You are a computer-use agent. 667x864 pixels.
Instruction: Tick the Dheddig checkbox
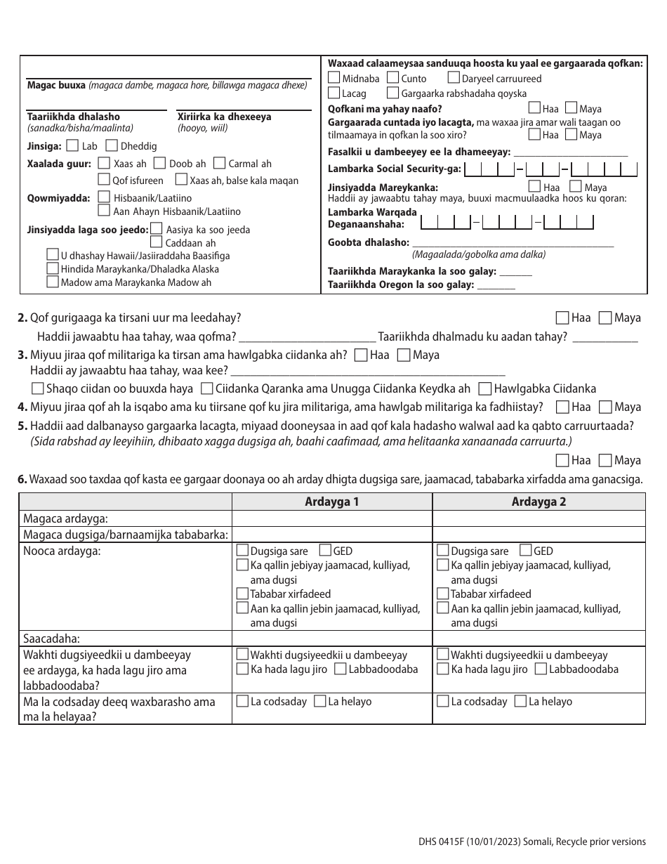pyautogui.click(x=111, y=146)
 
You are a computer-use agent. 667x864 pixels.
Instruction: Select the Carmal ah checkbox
pyautogui.click(x=218, y=164)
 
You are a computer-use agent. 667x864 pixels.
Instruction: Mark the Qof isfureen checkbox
pyautogui.click(x=104, y=181)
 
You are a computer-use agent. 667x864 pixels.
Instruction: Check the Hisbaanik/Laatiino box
pyautogui.click(x=104, y=198)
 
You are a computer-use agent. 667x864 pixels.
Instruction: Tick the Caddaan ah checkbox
pyautogui.click(x=156, y=242)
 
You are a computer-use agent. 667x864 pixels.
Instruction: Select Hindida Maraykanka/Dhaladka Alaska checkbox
pyautogui.click(x=52, y=268)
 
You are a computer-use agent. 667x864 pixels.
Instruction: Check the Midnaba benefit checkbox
pyautogui.click(x=334, y=79)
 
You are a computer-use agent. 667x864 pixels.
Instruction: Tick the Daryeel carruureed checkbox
pyautogui.click(x=454, y=79)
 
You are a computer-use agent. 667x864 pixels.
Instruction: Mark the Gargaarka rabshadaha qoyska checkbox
pyautogui.click(x=392, y=93)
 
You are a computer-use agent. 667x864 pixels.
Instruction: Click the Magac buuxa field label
pyautogui.click(x=56, y=85)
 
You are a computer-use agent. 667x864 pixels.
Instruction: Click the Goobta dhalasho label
pyautogui.click(x=368, y=242)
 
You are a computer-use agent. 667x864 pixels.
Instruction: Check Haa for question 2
pyautogui.click(x=562, y=318)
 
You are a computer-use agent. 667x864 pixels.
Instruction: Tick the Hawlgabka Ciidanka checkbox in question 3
pyautogui.click(x=484, y=388)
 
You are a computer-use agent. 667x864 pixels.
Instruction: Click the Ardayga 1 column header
pyautogui.click(x=331, y=502)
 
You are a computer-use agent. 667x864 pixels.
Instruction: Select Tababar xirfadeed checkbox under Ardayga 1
pyautogui.click(x=242, y=594)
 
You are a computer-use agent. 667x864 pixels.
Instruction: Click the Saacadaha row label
pyautogui.click(x=51, y=639)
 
